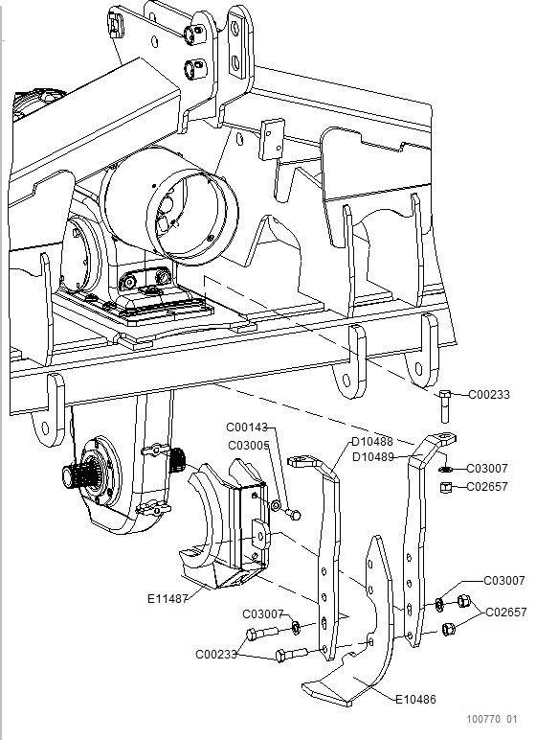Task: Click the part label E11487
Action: coord(167,599)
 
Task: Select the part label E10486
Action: coord(415,700)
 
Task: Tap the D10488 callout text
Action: coord(372,442)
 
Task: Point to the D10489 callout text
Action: coord(373,457)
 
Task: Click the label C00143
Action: coord(247,428)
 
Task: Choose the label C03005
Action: coord(249,446)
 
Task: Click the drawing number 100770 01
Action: coord(492,719)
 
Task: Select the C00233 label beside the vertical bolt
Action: coord(489,395)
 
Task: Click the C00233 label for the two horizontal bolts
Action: coord(216,655)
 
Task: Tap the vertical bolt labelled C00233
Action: coord(444,405)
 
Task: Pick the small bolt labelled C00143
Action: coord(294,514)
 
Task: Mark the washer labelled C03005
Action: coord(277,506)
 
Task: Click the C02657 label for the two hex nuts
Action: coord(505,613)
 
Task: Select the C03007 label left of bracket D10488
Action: coord(262,614)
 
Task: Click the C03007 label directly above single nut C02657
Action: coord(487,469)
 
